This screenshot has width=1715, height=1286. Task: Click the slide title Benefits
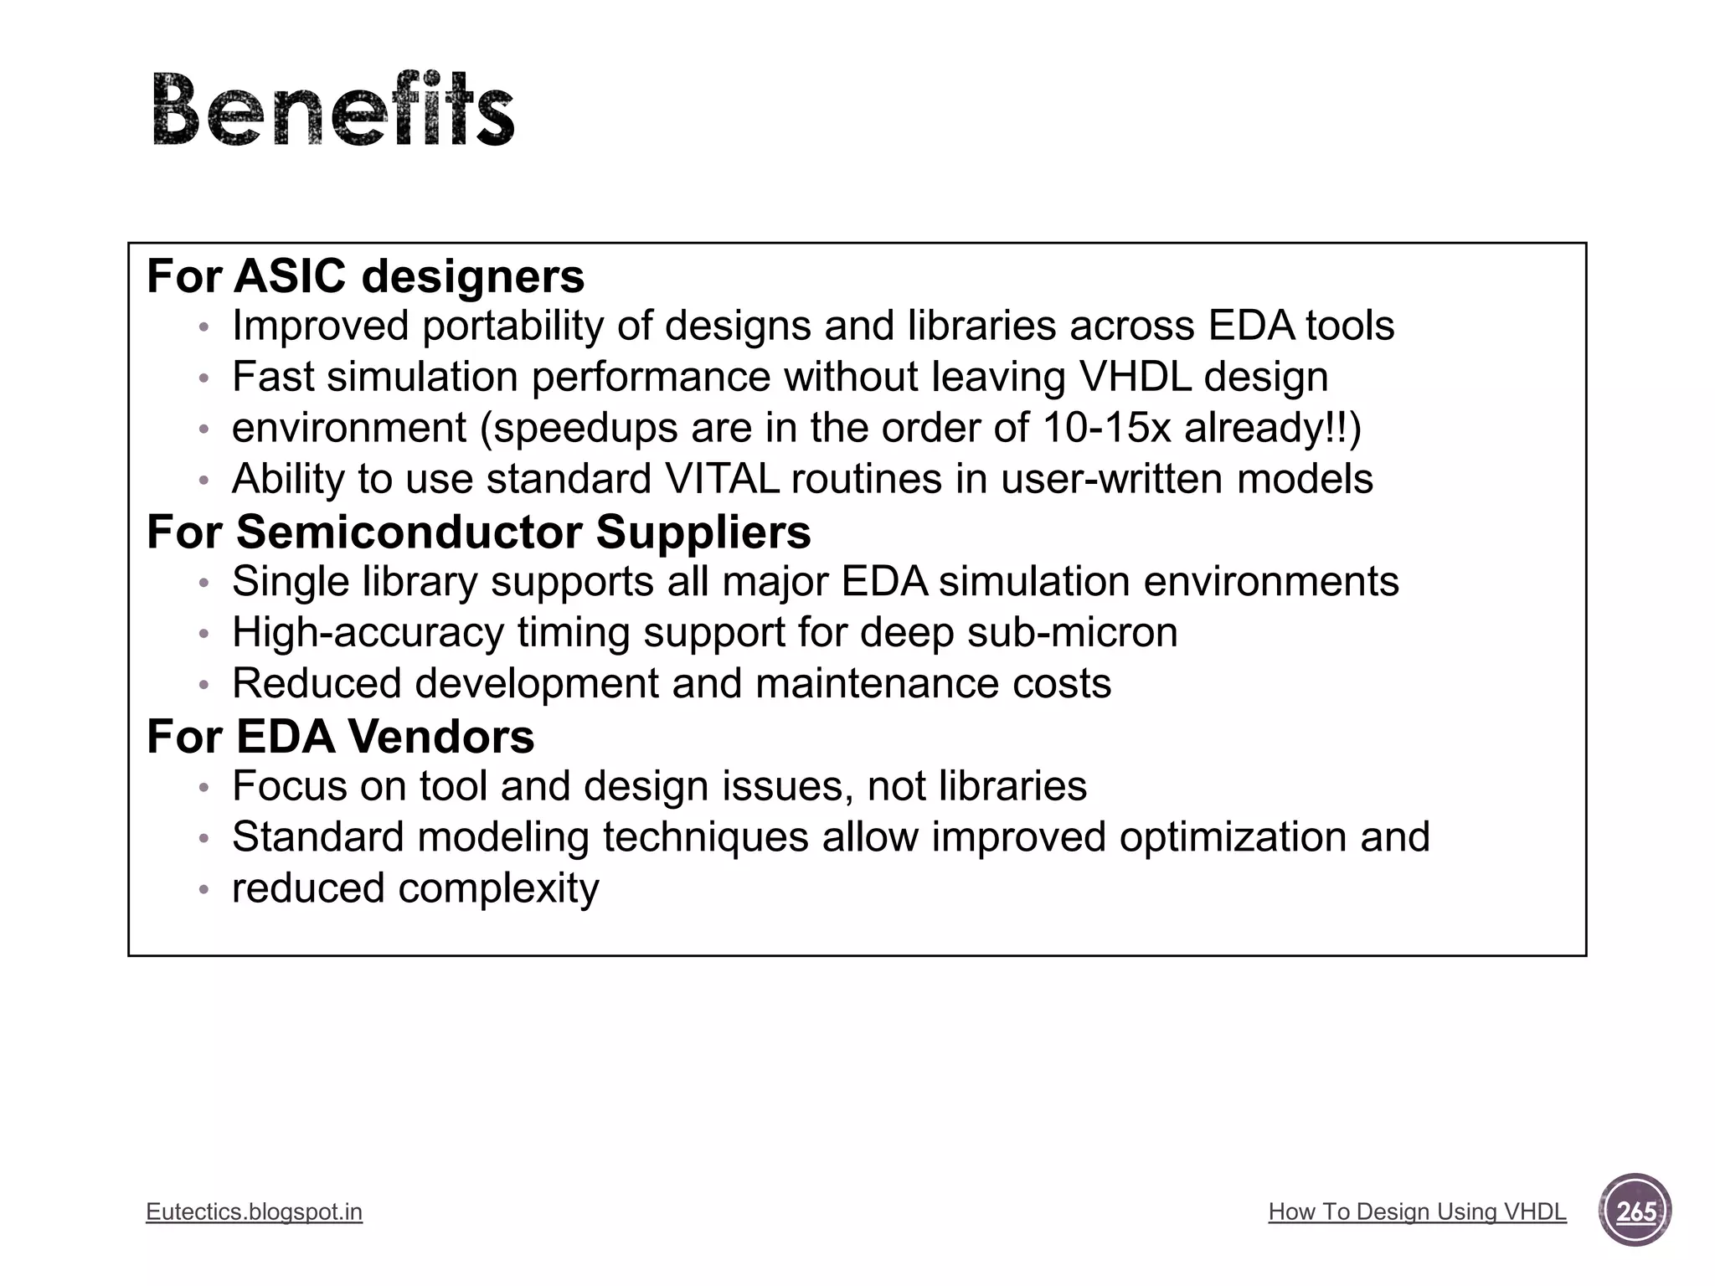[x=333, y=110]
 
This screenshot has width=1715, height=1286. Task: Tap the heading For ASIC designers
[x=365, y=276]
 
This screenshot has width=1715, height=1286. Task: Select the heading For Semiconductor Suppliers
[x=478, y=532]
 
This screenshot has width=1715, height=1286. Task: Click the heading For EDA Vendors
[x=340, y=737]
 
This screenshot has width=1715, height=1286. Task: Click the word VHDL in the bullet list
[x=1135, y=377]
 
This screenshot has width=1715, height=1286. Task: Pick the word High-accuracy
[x=368, y=632]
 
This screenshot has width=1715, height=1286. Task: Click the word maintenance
[x=877, y=683]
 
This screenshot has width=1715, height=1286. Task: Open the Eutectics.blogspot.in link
[x=254, y=1211]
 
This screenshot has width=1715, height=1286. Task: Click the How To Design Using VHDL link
[x=1417, y=1211]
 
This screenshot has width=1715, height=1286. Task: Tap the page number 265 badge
[x=1635, y=1211]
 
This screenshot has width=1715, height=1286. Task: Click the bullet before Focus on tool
[x=203, y=788]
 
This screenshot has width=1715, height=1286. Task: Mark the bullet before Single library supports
[x=203, y=583]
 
